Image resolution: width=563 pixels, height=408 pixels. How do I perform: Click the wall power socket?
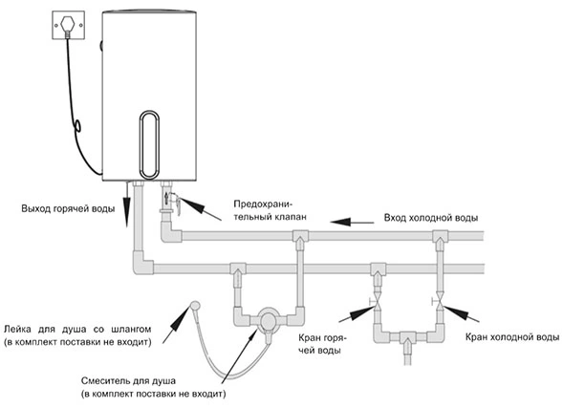point(68,25)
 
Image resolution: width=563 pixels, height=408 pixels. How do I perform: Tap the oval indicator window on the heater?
point(149,144)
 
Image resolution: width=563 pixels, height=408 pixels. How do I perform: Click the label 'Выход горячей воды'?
point(68,209)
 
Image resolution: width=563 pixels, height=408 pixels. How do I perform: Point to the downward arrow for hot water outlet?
point(127,204)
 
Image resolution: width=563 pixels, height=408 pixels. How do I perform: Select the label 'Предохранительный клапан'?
point(270,210)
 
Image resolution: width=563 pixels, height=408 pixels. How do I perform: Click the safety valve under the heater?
point(169,201)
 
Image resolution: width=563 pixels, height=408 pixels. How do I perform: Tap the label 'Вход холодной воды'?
point(431,218)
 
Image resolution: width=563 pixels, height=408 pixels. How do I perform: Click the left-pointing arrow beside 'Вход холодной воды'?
point(353,222)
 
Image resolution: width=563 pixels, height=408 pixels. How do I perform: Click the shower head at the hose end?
point(195,306)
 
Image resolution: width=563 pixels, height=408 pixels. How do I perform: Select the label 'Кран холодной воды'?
point(512,337)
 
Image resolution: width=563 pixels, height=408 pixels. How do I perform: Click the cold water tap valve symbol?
point(439,300)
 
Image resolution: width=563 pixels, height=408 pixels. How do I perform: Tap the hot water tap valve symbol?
point(376,300)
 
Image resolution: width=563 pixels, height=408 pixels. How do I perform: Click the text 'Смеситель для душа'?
point(128,380)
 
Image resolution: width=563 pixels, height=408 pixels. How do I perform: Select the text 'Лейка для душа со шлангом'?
point(77,330)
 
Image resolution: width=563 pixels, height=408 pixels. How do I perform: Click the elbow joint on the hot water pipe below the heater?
point(141,264)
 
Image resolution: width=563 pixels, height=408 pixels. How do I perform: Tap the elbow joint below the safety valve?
point(169,232)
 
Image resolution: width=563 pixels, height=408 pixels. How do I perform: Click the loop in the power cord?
point(77,125)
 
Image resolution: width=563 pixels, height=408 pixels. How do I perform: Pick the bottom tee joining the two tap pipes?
point(407,337)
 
